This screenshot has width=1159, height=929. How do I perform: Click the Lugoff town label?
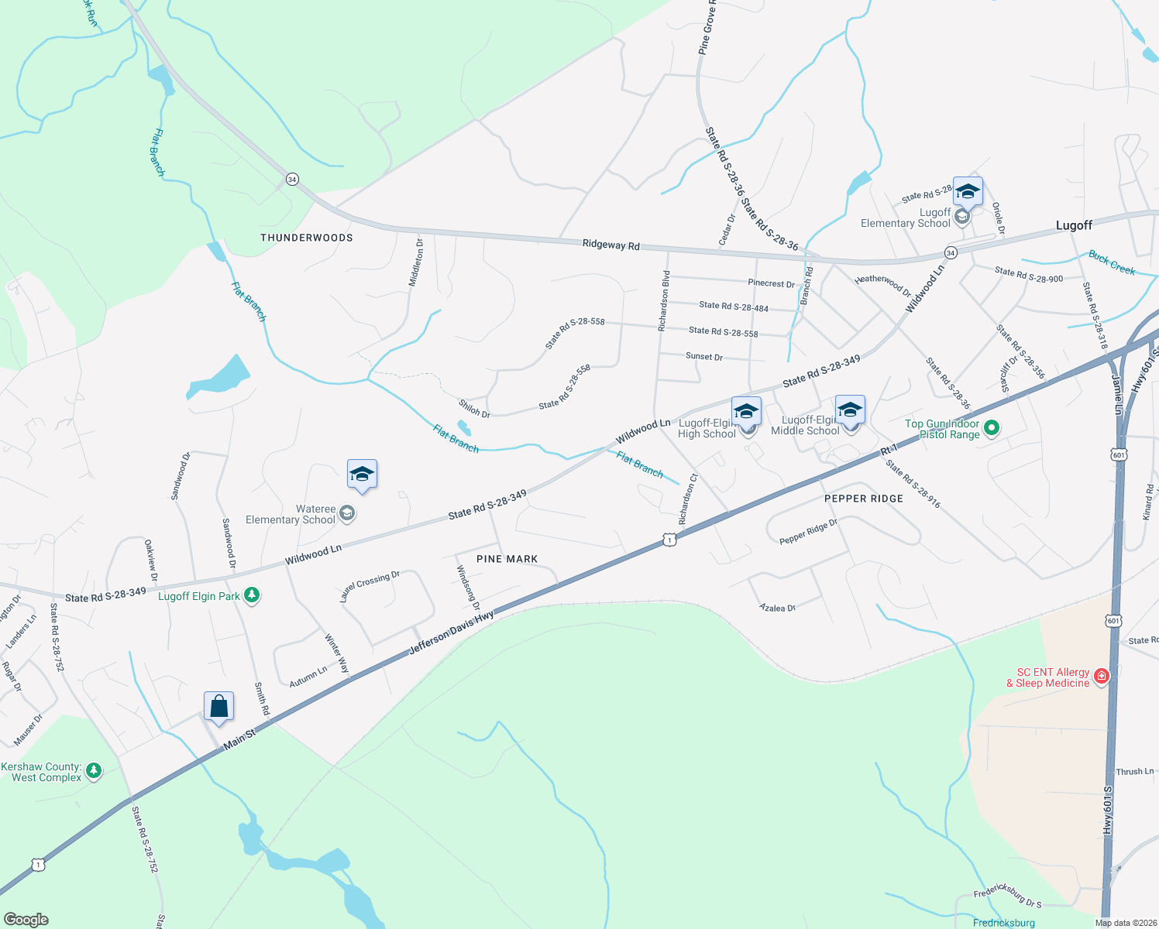coord(1074,225)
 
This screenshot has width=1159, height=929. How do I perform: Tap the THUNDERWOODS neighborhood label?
coord(307,238)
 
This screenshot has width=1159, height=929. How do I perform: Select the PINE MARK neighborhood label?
coord(507,559)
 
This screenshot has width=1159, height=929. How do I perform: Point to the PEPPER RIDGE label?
coord(864,499)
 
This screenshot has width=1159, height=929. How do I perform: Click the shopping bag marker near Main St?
coord(219,707)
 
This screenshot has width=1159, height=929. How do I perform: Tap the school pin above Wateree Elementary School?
coord(362,475)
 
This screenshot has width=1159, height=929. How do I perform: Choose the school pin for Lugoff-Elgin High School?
coord(746,411)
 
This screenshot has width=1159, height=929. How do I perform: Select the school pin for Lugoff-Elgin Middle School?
coord(850,410)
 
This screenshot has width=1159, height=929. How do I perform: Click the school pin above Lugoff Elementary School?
coord(968,191)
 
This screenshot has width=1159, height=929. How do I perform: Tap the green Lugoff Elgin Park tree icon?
coord(252,595)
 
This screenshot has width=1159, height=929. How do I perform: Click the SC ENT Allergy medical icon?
coord(1101,677)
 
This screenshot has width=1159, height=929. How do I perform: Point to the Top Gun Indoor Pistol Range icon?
coord(991,428)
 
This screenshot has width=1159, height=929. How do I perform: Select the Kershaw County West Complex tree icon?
coord(94,770)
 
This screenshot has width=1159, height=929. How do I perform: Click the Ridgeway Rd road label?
coord(611,245)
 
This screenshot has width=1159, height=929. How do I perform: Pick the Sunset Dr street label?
coord(704,357)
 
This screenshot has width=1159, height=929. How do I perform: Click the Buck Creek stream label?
coord(1112,262)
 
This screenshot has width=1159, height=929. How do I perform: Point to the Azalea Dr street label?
coord(777,608)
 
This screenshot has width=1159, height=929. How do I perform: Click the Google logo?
coord(26,920)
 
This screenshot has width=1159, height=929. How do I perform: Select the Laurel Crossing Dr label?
coord(370,586)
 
